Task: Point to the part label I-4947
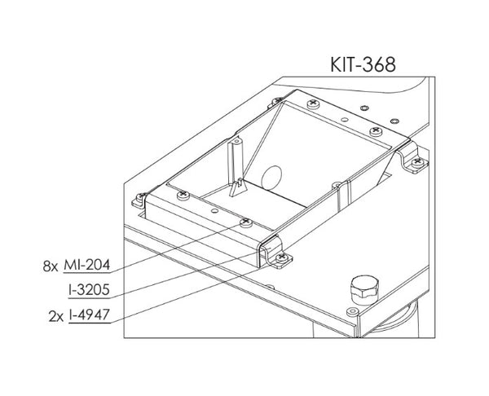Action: click(89, 312)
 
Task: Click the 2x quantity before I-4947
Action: click(55, 312)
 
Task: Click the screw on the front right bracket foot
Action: click(282, 258)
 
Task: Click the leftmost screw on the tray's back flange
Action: click(313, 104)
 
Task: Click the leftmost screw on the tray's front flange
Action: click(181, 195)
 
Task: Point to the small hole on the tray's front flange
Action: click(214, 209)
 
